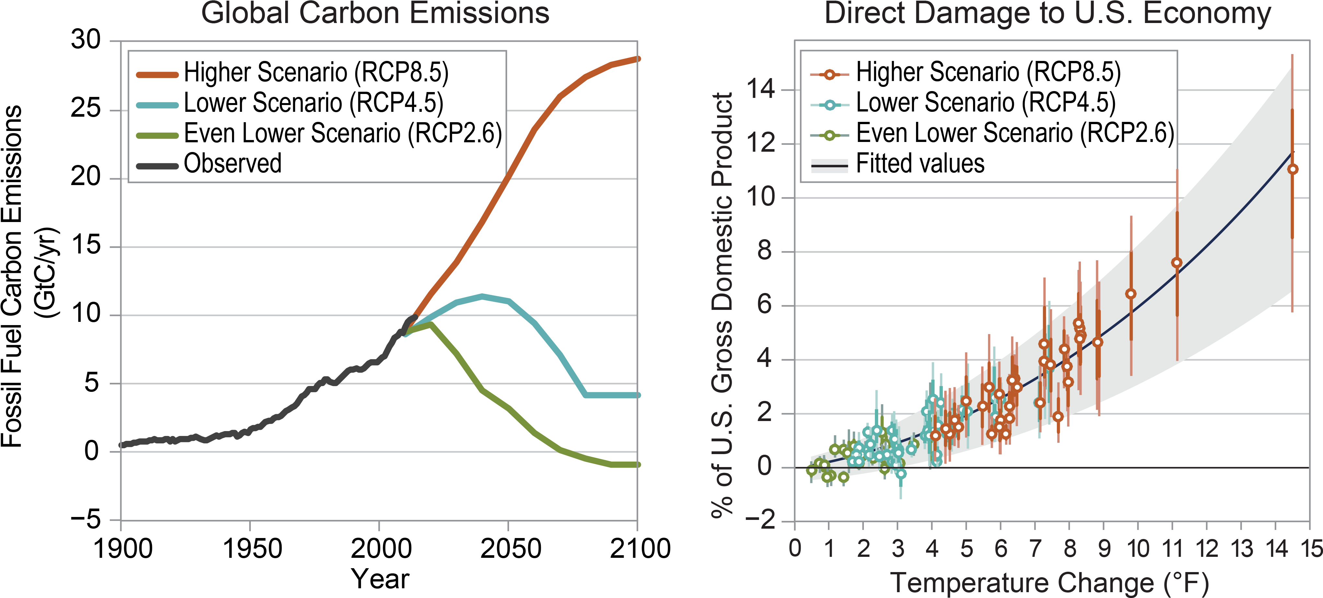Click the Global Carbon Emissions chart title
[375, 13]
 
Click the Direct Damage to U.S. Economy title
[1048, 13]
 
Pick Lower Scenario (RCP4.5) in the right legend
[985, 103]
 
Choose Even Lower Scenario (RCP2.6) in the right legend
[1014, 133]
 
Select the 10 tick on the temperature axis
[1138, 549]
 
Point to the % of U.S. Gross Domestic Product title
[722, 305]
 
